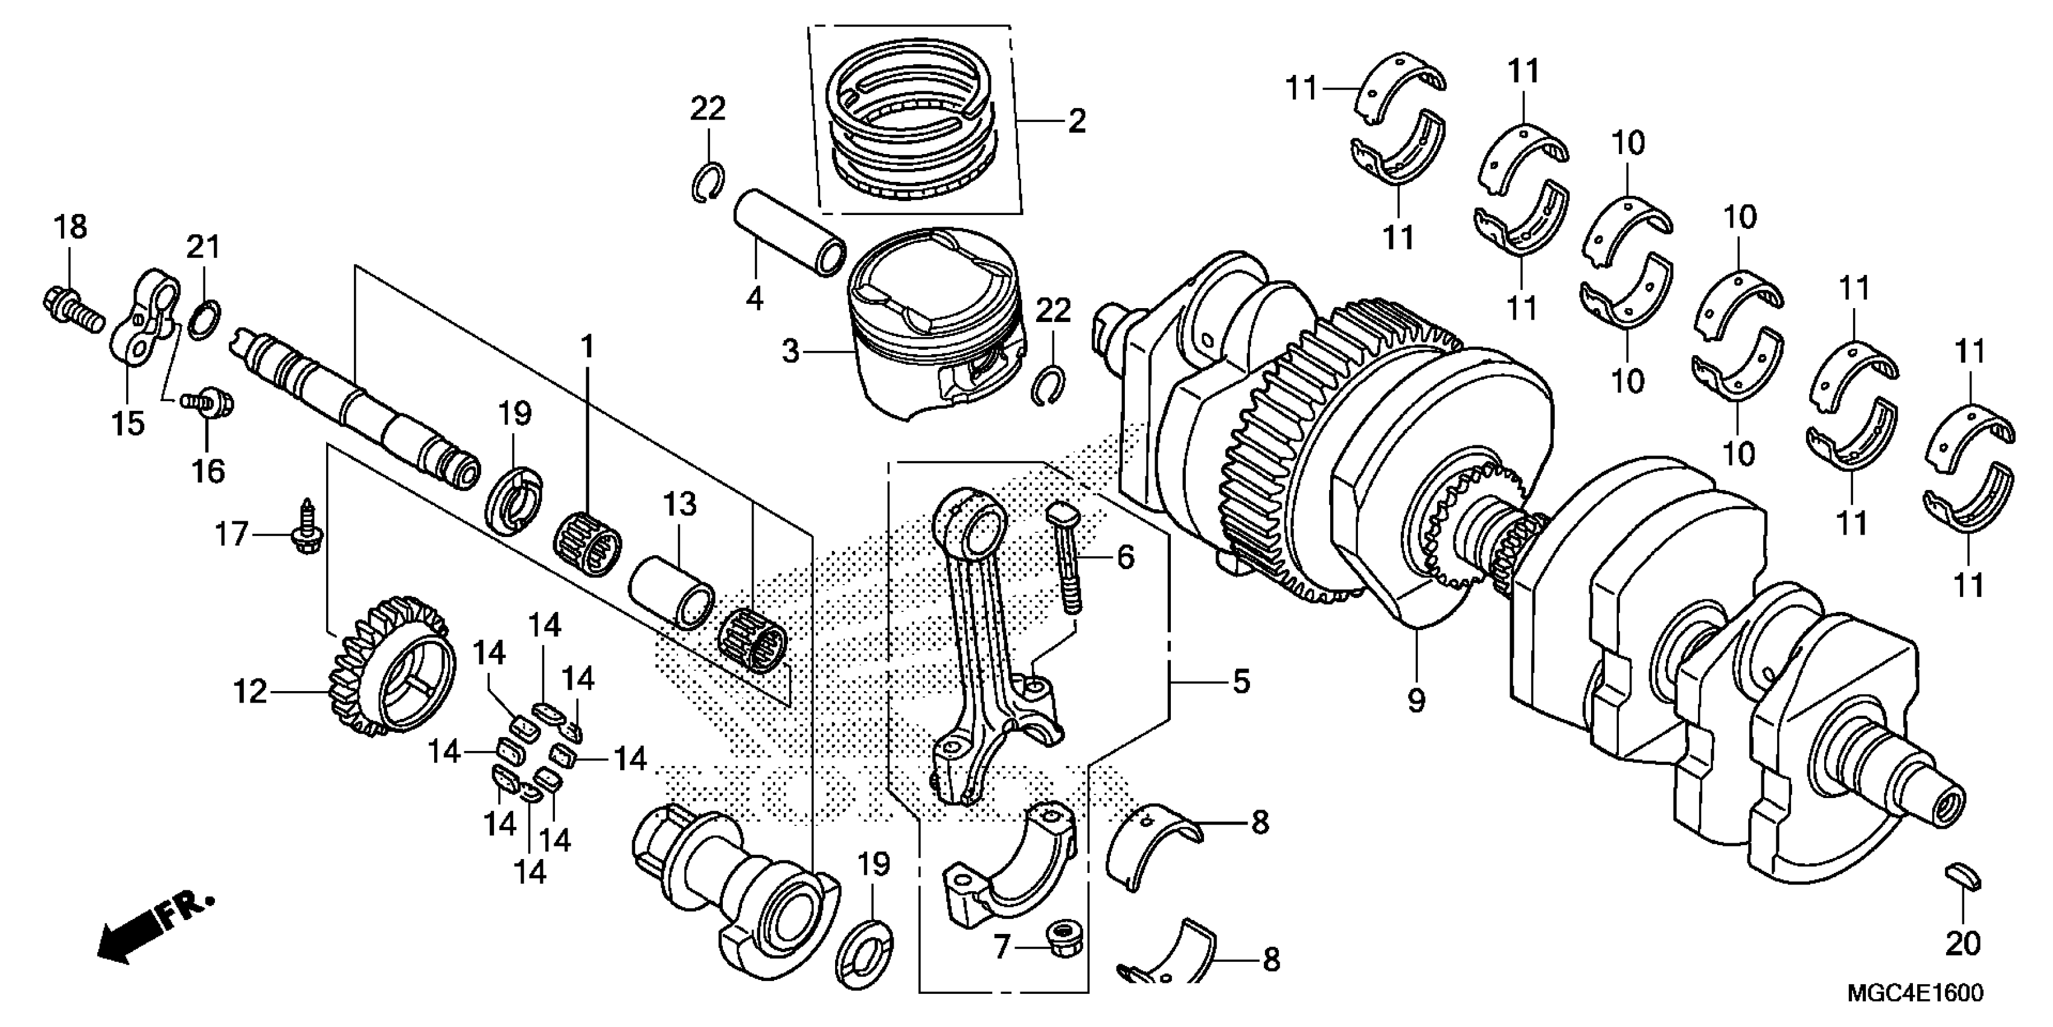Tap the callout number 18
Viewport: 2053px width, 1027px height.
[70, 227]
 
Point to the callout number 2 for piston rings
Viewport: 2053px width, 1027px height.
[1077, 122]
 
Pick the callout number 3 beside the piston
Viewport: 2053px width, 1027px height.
[790, 351]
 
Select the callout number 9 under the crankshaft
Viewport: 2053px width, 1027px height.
[1415, 701]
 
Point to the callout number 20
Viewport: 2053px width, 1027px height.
[1962, 944]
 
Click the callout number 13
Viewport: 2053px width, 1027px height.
[680, 504]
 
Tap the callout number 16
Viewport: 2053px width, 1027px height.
[208, 471]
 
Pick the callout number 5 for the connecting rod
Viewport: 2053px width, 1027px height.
[1241, 681]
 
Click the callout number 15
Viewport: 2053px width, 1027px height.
[128, 423]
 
